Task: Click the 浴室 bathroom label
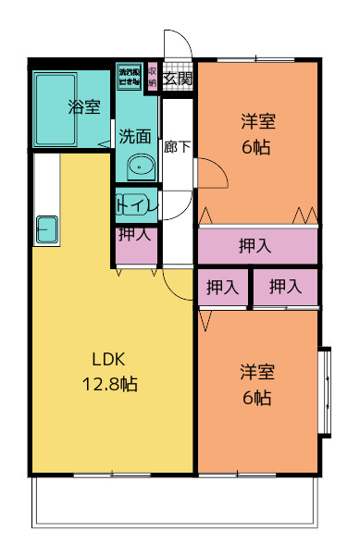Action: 84,107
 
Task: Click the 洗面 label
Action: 135,136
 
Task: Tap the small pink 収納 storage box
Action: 153,78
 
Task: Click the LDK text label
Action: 107,360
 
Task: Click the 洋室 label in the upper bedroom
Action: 258,121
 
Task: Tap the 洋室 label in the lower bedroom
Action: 258,372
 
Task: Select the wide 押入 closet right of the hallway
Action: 256,246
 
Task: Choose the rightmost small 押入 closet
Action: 286,288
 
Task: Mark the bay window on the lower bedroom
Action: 325,389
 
